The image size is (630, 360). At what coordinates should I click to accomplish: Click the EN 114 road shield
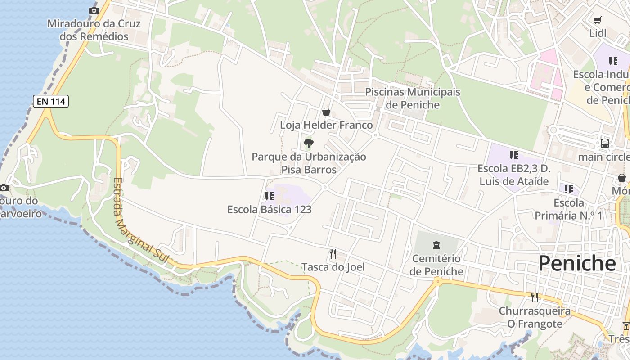[x=51, y=101]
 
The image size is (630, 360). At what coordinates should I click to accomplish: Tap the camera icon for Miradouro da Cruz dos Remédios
[x=94, y=10]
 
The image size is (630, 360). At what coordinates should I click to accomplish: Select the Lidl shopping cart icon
[x=597, y=20]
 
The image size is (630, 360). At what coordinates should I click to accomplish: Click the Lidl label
[x=598, y=33]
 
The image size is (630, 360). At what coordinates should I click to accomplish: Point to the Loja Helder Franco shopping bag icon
[x=326, y=112]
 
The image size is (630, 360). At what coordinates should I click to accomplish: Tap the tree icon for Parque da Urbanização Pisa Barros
[x=308, y=144]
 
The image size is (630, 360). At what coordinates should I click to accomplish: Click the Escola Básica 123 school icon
[x=270, y=196]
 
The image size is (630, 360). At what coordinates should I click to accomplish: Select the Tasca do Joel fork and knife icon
[x=333, y=254]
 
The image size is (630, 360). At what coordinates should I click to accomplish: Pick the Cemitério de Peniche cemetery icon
[x=436, y=245]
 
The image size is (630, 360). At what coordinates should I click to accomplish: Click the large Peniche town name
[x=577, y=263]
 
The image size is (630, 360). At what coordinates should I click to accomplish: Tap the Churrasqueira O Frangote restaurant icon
[x=534, y=297]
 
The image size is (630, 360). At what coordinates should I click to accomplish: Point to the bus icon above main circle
[x=605, y=144]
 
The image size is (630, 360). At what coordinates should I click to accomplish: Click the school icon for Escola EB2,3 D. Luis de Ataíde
[x=513, y=155]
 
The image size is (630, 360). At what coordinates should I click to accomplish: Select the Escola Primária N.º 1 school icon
[x=569, y=189]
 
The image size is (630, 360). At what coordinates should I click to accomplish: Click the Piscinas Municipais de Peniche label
[x=413, y=98]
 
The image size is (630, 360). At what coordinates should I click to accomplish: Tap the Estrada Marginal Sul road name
[x=140, y=220]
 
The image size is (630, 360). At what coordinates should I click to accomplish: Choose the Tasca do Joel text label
[x=333, y=267]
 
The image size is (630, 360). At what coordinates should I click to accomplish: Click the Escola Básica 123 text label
[x=270, y=209]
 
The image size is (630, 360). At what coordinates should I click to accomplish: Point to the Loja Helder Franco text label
[x=326, y=125]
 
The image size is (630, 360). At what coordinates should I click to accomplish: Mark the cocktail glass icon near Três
[x=626, y=325]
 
